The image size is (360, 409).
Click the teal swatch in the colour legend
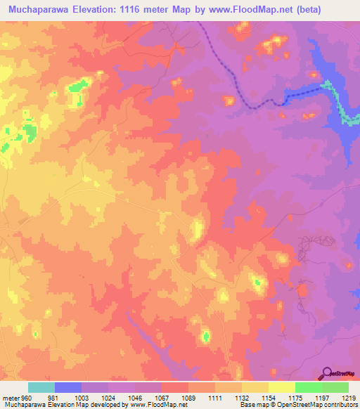[x=41, y=387]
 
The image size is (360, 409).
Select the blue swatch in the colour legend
[x=68, y=387]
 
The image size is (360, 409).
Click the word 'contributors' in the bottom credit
[x=342, y=405]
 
